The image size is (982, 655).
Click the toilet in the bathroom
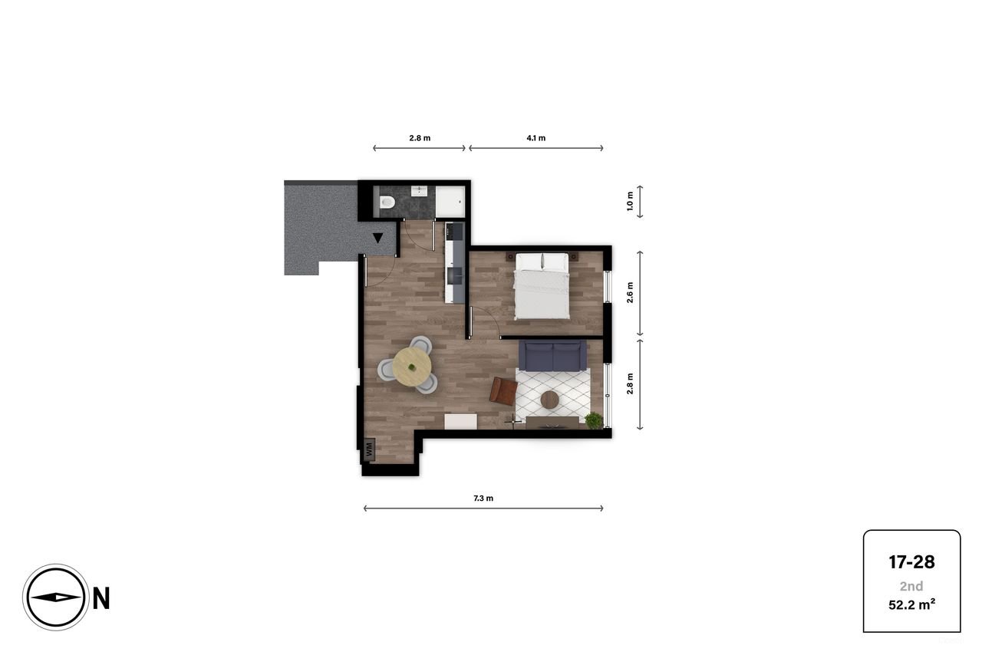click(387, 202)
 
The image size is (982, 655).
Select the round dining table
click(413, 365)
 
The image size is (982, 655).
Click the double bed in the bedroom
click(542, 287)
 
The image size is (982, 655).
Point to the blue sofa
click(552, 355)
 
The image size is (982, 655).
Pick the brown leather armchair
click(504, 390)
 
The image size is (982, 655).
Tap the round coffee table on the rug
click(550, 400)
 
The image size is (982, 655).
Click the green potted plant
click(594, 420)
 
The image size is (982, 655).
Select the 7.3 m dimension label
click(483, 499)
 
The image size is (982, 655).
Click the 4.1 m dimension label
click(536, 138)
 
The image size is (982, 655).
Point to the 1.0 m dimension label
click(631, 202)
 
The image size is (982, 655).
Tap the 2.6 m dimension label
click(631, 294)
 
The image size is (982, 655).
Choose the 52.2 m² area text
click(911, 604)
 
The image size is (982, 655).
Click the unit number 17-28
click(911, 562)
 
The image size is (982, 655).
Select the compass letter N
click(101, 598)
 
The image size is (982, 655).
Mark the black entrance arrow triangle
click(378, 238)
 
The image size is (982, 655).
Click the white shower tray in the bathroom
click(450, 202)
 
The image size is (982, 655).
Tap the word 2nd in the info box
click(911, 586)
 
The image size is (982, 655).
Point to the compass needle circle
click(56, 597)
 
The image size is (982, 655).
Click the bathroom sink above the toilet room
click(420, 191)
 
